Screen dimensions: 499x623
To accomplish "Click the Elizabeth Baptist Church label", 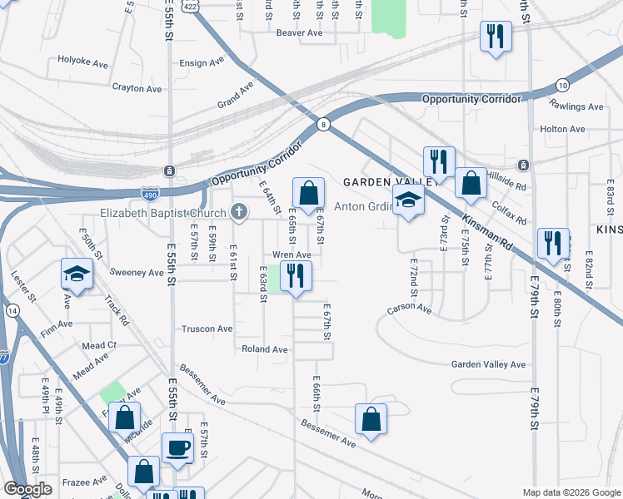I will pos(163,213).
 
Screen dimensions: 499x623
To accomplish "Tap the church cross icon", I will pos(239,211).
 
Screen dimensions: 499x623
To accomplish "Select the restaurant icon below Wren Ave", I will pos(296,276).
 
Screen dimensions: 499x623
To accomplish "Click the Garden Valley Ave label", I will pos(489,364).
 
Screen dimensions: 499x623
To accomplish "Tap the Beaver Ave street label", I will pos(299,33).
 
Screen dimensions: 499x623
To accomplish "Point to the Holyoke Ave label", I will pos(83,61).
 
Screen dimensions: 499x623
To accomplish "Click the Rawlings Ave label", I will pos(576,106).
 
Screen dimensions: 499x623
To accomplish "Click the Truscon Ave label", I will pos(207,329).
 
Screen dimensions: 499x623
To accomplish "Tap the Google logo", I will pos(27,489).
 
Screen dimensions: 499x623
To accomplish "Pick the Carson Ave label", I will pos(409,309).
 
